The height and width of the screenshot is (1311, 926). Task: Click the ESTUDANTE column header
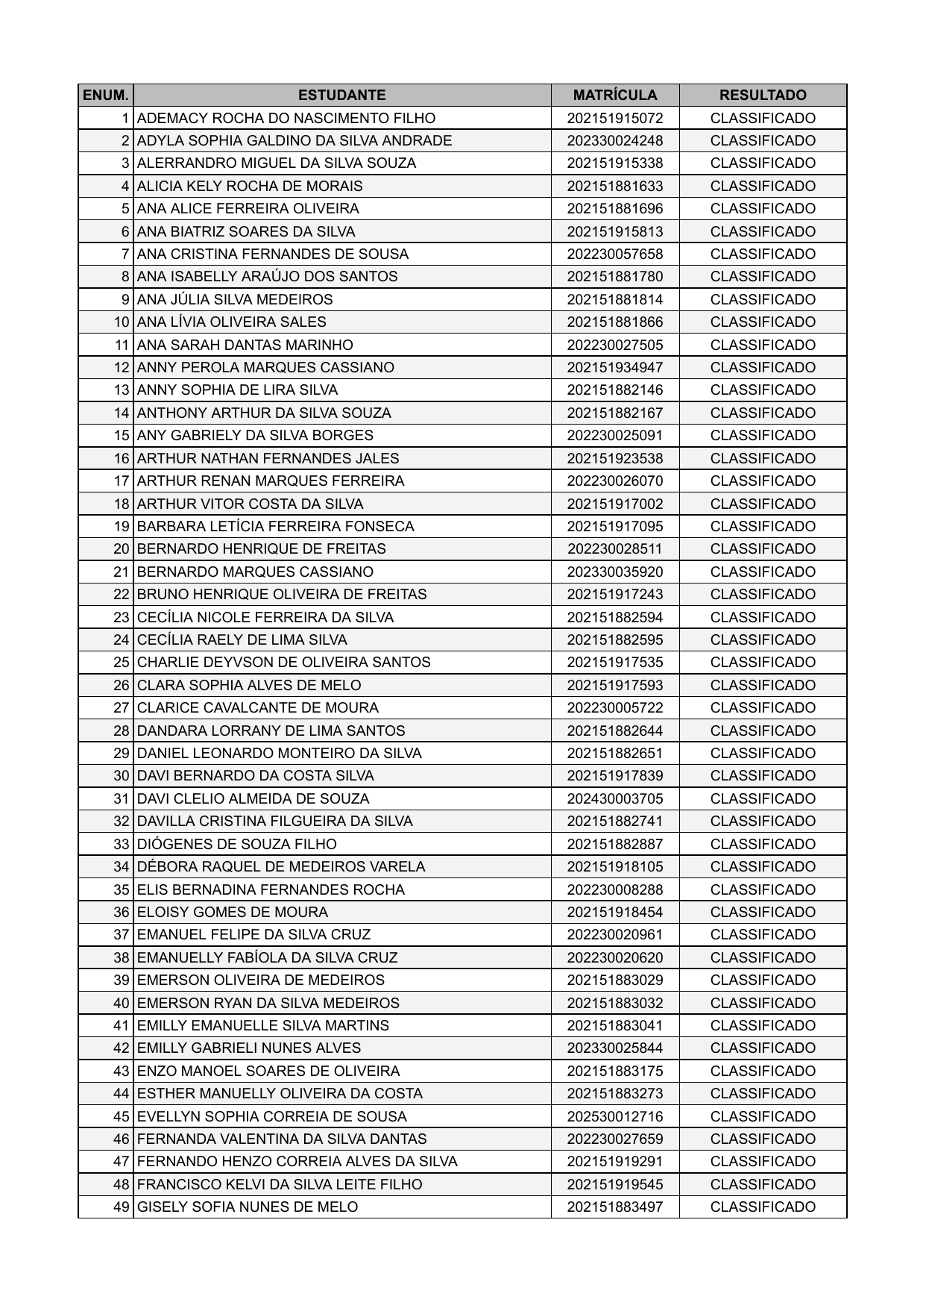[341, 95]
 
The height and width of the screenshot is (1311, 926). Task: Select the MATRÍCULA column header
[615, 95]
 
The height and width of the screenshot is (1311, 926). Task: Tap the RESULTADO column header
[763, 95]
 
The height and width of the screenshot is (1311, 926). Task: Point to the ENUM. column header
[106, 95]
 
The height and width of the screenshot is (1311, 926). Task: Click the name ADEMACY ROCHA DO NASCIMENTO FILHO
[286, 118]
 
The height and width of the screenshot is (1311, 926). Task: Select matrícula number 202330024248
[615, 140]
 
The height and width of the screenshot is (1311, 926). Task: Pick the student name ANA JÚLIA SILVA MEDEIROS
[235, 299]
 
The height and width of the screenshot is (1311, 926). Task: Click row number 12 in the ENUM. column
[122, 367]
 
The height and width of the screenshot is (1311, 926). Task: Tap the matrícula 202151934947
[615, 367]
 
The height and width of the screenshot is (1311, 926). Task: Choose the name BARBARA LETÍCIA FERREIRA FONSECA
[276, 526]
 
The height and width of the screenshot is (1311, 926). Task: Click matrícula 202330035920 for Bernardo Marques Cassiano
[615, 572]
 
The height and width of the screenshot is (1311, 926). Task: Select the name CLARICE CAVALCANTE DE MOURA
[258, 707]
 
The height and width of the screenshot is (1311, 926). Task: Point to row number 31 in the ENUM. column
[122, 798]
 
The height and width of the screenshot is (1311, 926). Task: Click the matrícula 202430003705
[615, 798]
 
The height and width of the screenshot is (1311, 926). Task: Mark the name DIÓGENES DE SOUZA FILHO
[237, 844]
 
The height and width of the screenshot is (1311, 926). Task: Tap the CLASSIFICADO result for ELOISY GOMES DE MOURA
[763, 912]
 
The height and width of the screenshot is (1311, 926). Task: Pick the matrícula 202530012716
[615, 1116]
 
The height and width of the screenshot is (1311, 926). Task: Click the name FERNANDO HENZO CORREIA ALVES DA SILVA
[297, 1161]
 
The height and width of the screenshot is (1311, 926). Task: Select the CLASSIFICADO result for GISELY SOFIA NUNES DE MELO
[763, 1207]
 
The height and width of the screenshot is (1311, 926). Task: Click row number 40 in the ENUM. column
[122, 1003]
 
